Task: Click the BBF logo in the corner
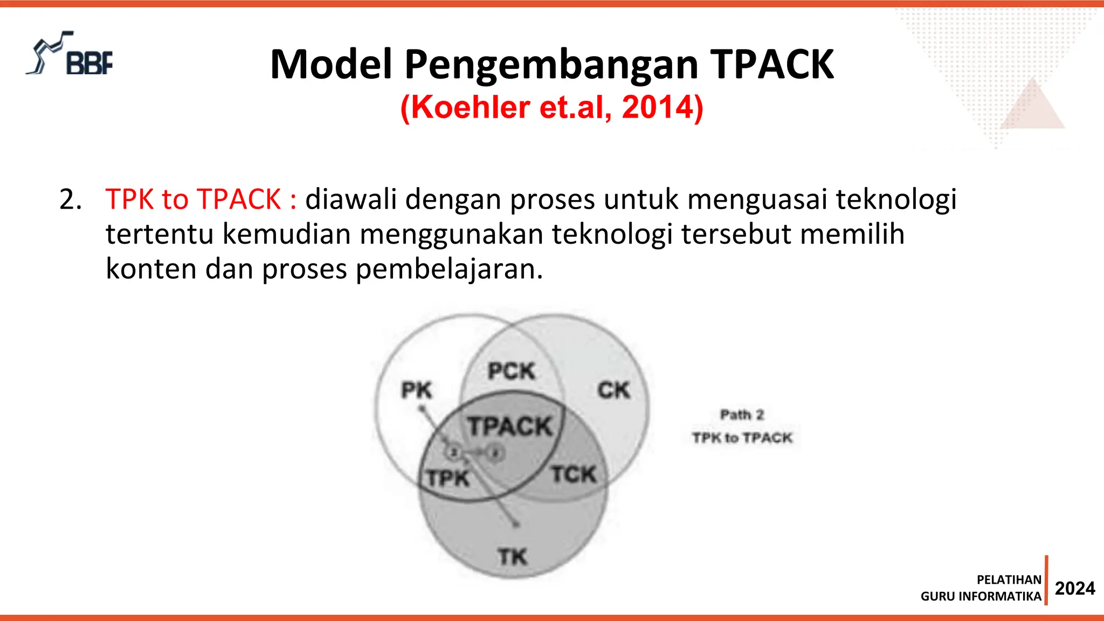coord(70,54)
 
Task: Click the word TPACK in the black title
coord(772,65)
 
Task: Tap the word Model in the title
coord(331,65)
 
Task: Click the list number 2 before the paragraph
coord(70,200)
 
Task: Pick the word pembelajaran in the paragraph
coord(448,269)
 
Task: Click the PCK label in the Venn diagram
coord(511,371)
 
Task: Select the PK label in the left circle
coord(416,390)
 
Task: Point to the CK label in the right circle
coord(613,390)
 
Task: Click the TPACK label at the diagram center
coord(510,426)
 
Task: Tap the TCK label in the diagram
coord(574,475)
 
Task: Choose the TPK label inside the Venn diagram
coord(447,478)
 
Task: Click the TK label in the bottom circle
coord(512,557)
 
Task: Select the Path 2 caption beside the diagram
coord(742,415)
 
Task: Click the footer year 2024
coord(1074,588)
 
